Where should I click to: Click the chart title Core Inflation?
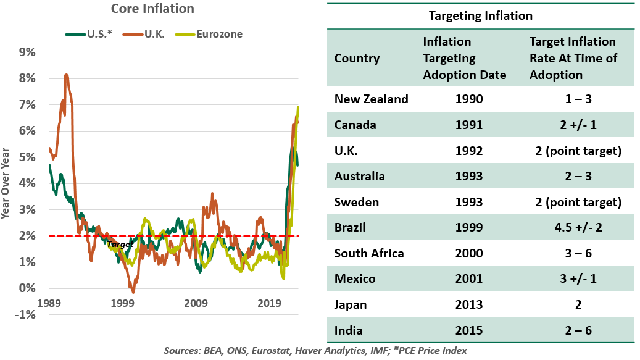coord(152,9)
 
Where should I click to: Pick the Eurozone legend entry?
coord(220,34)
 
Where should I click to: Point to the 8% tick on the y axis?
coord(27,78)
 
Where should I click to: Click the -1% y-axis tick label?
coord(26,315)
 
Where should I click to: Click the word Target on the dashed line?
coord(119,245)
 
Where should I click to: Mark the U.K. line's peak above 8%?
coord(66,75)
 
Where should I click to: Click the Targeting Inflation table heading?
coord(480,16)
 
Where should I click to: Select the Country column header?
coord(357,59)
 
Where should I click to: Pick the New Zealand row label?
coord(371,99)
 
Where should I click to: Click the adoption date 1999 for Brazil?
coord(463,227)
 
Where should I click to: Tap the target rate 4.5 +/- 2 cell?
coord(573,227)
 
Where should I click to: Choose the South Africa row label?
coord(369,253)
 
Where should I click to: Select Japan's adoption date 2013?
coord(463,304)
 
